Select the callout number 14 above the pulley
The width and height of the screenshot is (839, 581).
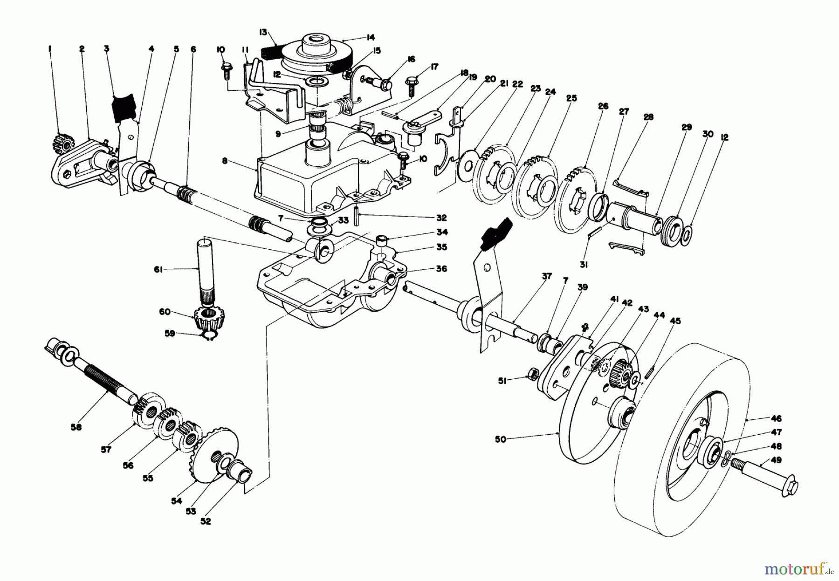(x=371, y=37)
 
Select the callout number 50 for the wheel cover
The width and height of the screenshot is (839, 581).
(x=500, y=439)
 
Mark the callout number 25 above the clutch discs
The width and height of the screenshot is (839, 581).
(x=572, y=98)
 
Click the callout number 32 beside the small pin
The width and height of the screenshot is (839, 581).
(x=441, y=218)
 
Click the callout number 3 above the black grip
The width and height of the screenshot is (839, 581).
(x=106, y=48)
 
